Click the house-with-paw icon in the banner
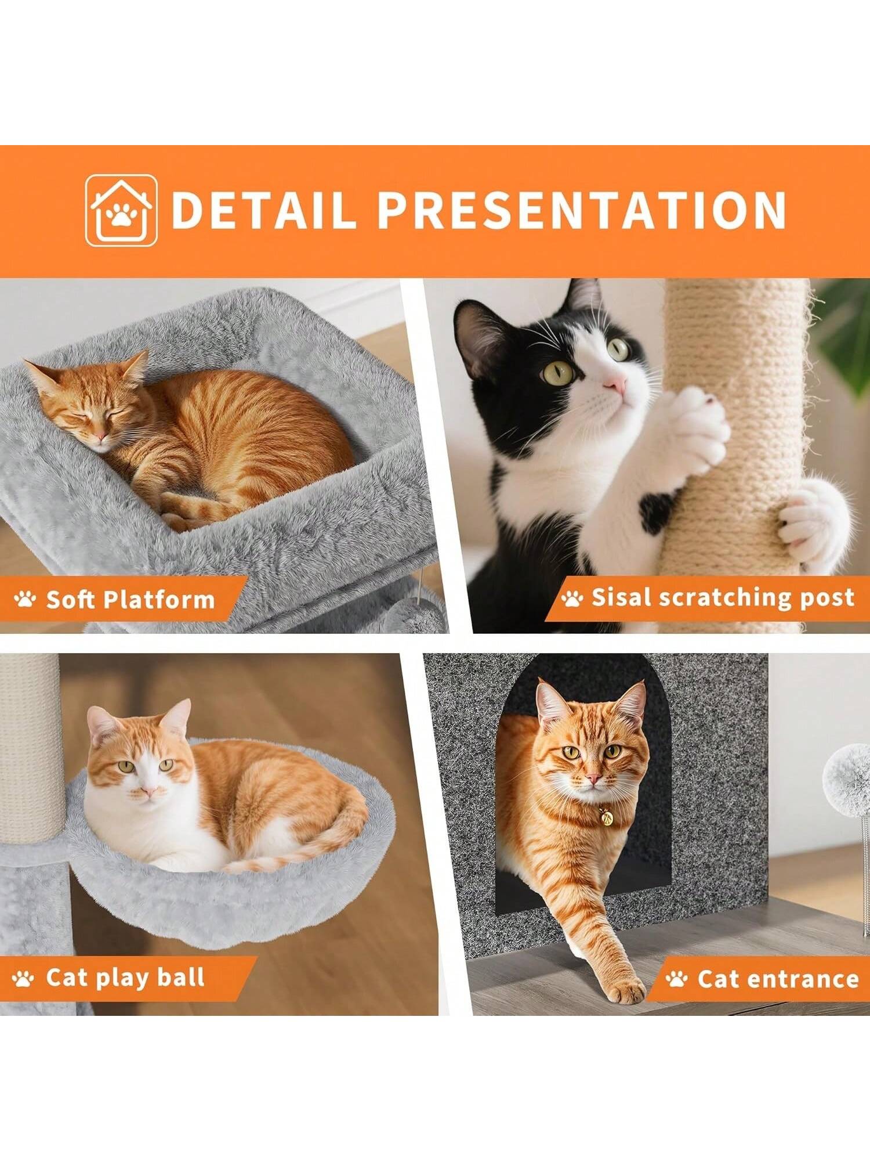tap(121, 210)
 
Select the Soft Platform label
tap(130, 600)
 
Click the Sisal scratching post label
tap(722, 597)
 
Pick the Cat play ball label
tap(125, 977)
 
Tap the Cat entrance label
tap(777, 979)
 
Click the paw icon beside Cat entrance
tap(676, 979)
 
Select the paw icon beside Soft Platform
tap(25, 600)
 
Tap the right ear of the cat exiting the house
tap(633, 704)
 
